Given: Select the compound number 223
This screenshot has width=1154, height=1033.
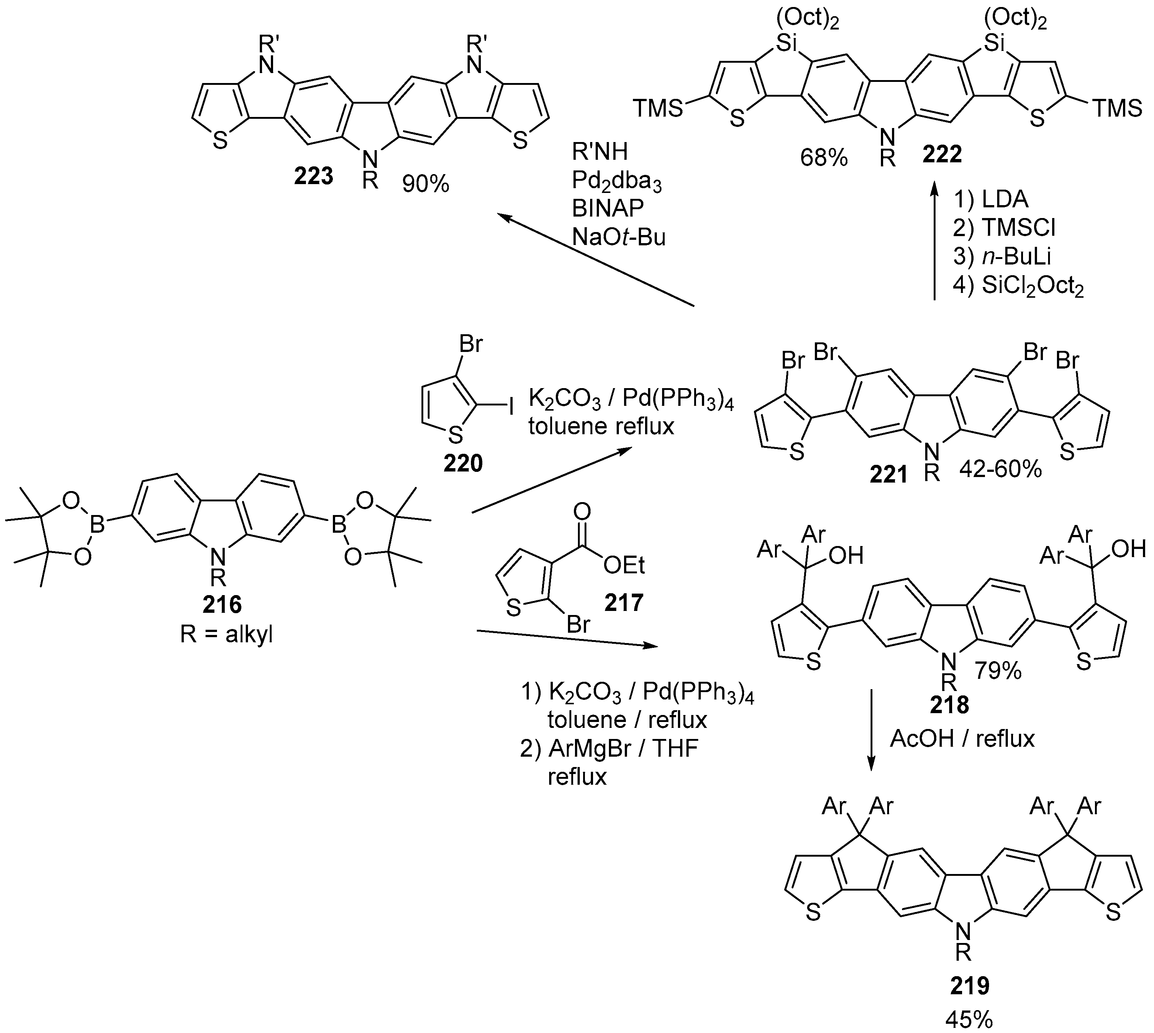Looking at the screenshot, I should point(313,176).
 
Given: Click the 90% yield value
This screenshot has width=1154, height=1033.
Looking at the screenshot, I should point(426,183).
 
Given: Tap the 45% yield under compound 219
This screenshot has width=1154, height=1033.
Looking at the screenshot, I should point(969,1020).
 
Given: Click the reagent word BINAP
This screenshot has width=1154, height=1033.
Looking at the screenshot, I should point(608,208).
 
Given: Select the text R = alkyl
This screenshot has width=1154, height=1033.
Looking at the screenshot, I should point(227,635).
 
